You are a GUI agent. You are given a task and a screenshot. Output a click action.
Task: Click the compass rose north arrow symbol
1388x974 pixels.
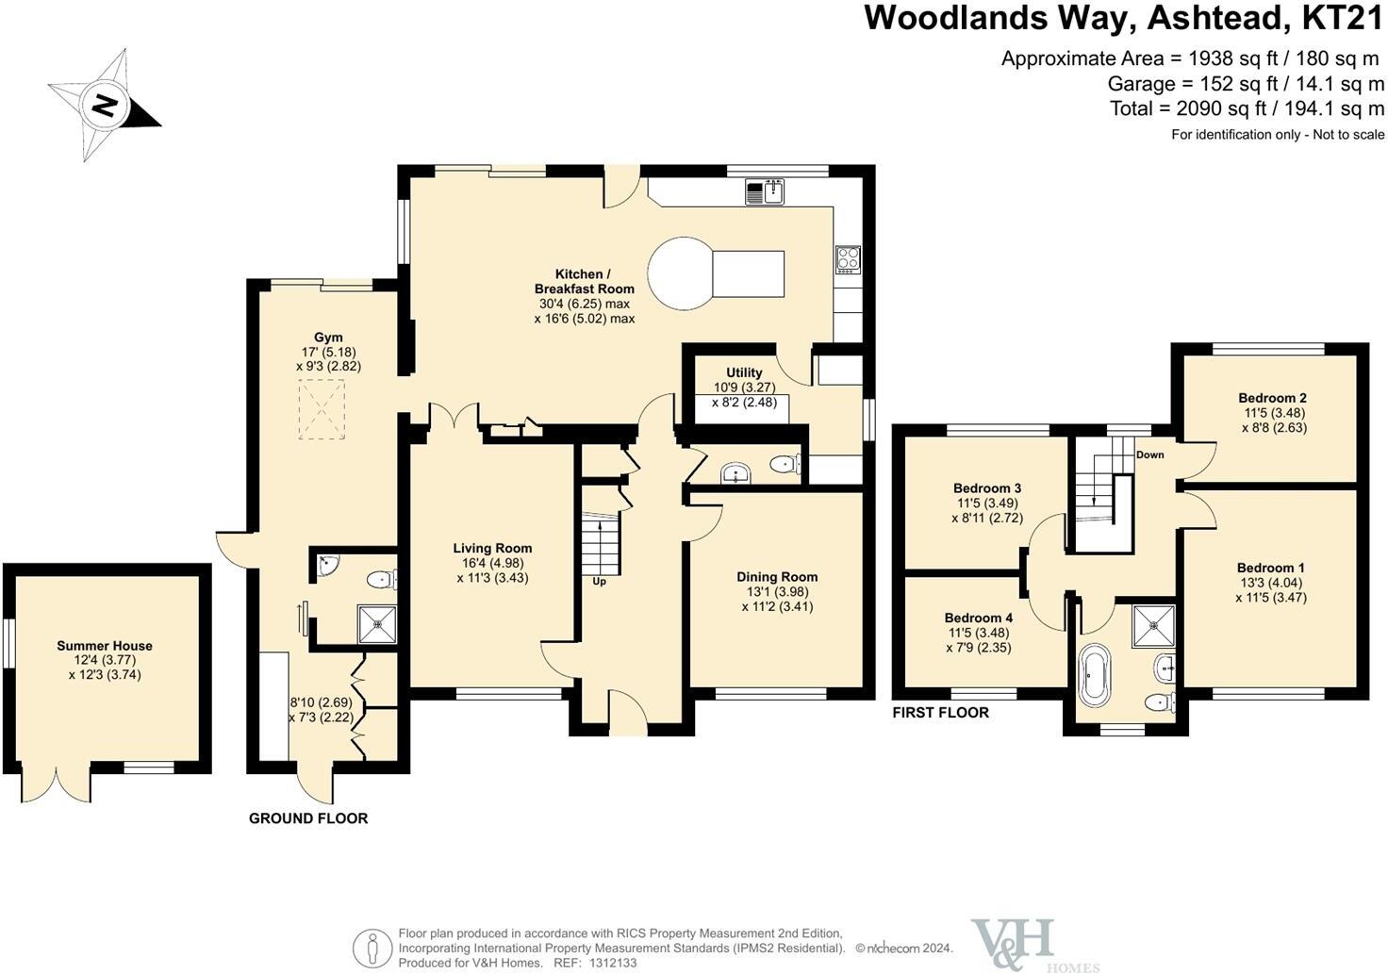[x=104, y=104]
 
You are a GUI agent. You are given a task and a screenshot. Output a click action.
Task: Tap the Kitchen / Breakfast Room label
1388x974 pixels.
[x=584, y=281]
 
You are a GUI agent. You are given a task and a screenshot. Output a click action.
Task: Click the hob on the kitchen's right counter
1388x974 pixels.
[x=847, y=258]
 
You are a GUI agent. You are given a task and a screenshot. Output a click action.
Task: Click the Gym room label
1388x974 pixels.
[x=328, y=338]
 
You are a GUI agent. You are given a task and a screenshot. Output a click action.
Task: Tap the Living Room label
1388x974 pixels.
[x=492, y=548]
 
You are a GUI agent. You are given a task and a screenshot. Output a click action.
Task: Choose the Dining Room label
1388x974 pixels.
[x=777, y=577]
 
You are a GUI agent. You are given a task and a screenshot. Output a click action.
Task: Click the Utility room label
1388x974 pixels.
[x=744, y=372]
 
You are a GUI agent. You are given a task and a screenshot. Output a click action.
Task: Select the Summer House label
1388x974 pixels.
[x=105, y=646]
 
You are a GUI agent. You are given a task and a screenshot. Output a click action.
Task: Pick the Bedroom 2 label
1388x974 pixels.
[x=1272, y=398]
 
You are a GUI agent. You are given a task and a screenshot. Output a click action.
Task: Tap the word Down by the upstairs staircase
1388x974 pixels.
[x=1149, y=454]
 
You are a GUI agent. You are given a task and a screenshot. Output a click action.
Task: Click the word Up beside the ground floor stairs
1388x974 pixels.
[x=599, y=581]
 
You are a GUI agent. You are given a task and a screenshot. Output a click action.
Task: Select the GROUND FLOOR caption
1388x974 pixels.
[x=308, y=818]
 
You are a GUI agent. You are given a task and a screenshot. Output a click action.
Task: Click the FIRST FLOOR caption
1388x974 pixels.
[x=940, y=713]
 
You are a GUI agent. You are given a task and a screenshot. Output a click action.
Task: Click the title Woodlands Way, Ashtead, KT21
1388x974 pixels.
[x=1124, y=19]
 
